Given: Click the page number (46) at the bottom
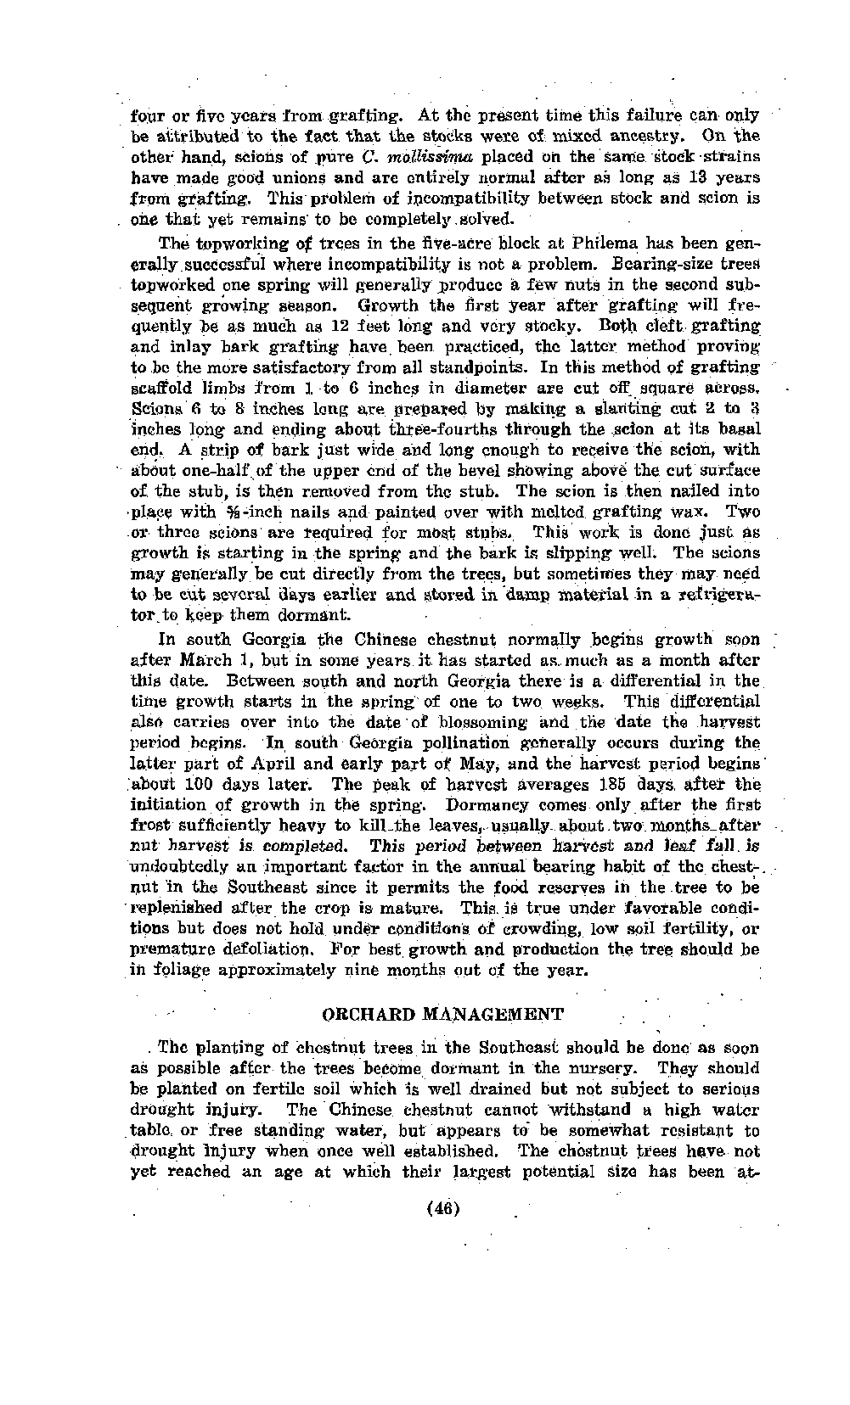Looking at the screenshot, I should point(446,1208).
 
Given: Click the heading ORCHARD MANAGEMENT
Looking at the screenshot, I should point(443,1015).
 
